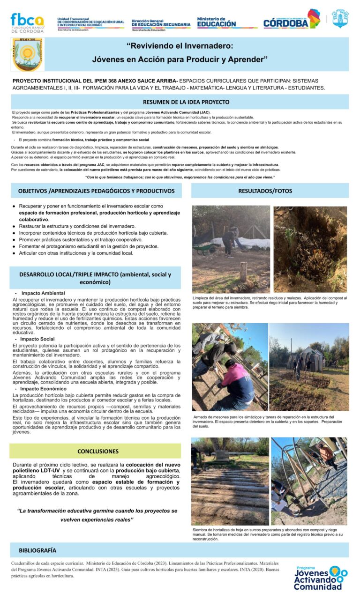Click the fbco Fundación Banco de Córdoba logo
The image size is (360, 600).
click(28, 22)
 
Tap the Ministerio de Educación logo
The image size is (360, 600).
click(217, 22)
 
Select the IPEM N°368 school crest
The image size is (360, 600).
click(27, 54)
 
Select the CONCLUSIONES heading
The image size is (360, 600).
click(97, 452)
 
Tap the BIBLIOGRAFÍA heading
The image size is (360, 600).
click(37, 550)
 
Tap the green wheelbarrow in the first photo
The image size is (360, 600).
click(202, 248)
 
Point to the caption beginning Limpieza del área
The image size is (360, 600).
click(270, 303)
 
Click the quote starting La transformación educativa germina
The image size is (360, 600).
click(97, 515)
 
